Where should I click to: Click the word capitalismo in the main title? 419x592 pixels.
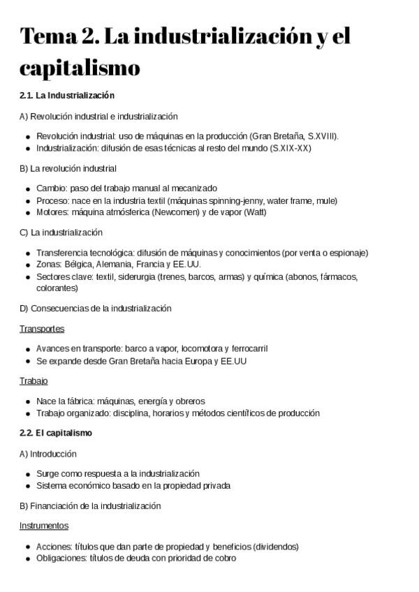point(80,68)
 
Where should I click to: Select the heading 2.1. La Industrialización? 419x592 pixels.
point(67,95)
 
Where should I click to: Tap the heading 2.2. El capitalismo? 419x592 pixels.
point(56,433)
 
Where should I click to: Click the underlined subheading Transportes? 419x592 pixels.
point(42,328)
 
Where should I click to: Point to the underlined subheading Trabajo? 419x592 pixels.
point(34,381)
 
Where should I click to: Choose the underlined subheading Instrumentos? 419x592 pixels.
point(44,526)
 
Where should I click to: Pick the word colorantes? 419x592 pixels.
point(57,288)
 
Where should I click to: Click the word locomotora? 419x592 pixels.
point(201,348)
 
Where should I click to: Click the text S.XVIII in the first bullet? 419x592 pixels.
point(321,137)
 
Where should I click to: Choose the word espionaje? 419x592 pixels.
point(348,253)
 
